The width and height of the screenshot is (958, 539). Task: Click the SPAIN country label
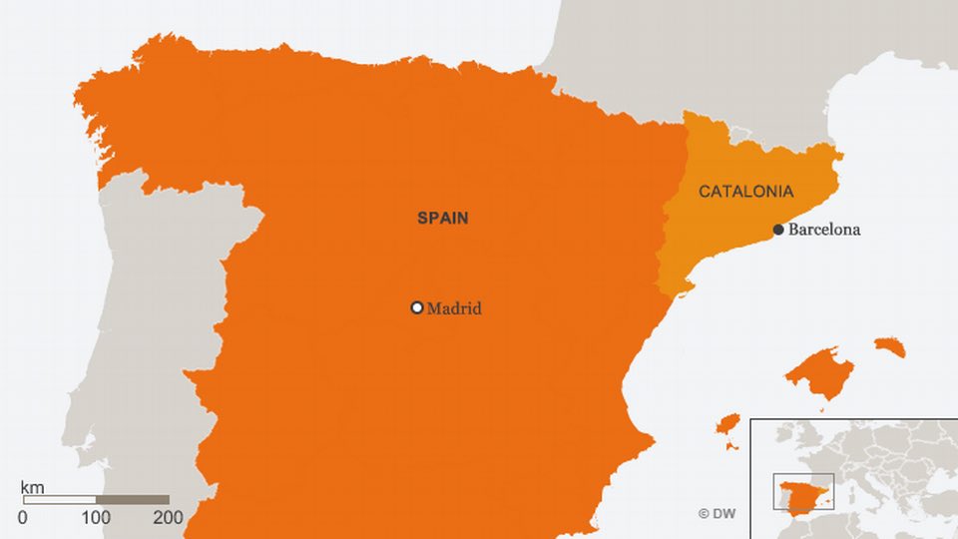click(x=442, y=218)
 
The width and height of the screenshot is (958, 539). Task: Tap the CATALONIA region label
click(x=745, y=191)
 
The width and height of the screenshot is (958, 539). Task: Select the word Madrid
click(x=454, y=308)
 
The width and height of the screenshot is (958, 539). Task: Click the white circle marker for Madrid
click(x=417, y=307)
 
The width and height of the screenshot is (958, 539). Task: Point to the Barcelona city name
click(x=824, y=230)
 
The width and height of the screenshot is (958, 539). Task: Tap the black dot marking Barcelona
click(x=778, y=230)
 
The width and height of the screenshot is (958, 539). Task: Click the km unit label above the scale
click(x=32, y=487)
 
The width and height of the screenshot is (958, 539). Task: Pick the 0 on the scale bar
click(x=23, y=517)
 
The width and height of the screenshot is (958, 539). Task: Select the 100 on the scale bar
click(x=96, y=517)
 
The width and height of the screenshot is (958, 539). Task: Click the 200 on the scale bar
click(x=168, y=517)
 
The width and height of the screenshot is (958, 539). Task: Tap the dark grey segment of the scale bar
click(x=133, y=499)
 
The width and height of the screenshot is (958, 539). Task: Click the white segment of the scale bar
click(x=59, y=499)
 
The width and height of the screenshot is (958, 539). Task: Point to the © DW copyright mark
click(x=717, y=513)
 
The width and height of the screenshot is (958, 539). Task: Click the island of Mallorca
click(x=819, y=371)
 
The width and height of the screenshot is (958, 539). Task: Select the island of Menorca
click(x=890, y=346)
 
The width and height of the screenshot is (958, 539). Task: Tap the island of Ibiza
click(x=727, y=424)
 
